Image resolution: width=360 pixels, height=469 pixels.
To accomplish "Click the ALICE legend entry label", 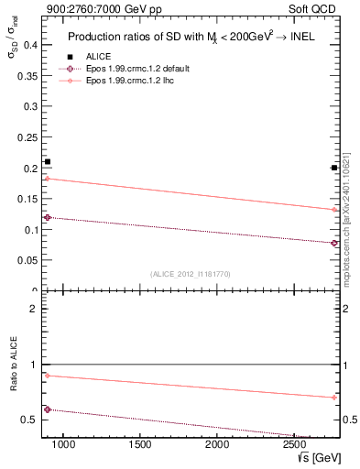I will [x=98, y=56].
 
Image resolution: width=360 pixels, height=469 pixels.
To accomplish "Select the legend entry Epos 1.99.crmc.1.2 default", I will [x=134, y=69].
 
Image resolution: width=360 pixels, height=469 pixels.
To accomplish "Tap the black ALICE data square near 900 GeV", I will [x=48, y=162].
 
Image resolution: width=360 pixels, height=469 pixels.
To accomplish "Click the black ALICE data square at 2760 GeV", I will [x=334, y=168].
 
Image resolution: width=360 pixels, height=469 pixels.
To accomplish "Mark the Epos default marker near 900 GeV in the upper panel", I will [x=48, y=217].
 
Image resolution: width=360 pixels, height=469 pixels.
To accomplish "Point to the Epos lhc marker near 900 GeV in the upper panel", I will [x=48, y=179].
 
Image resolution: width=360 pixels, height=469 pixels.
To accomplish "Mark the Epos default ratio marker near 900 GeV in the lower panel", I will [x=48, y=409].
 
